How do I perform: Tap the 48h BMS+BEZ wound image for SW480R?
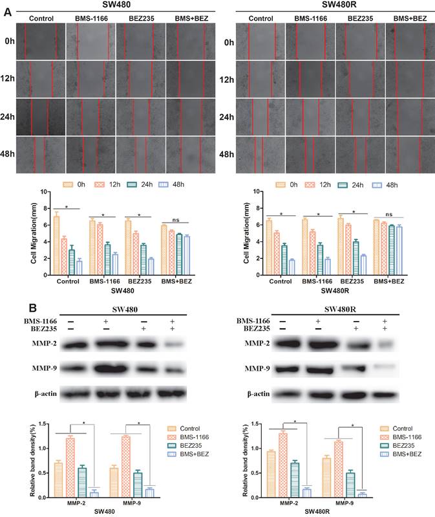(410, 154)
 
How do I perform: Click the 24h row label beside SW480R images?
(226, 117)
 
